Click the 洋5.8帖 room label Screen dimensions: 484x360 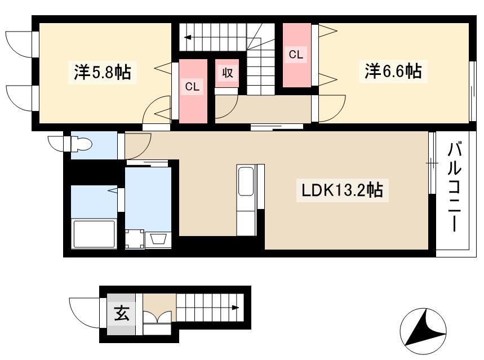click(102, 72)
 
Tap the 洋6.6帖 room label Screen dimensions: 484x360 click(393, 71)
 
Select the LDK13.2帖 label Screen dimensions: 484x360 click(342, 190)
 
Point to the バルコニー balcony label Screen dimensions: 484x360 click(454, 186)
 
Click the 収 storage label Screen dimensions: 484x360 click(228, 73)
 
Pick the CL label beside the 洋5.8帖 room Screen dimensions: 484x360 click(192, 87)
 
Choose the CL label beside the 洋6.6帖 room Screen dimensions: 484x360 click(296, 55)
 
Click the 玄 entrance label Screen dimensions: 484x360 click(122, 314)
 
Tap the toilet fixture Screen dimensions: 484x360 click(81, 144)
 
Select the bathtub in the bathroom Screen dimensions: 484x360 click(94, 233)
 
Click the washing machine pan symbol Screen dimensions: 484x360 click(135, 239)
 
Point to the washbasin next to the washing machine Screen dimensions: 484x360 click(158, 239)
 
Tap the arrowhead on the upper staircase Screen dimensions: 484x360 click(188, 38)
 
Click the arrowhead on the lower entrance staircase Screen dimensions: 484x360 click(236, 308)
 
